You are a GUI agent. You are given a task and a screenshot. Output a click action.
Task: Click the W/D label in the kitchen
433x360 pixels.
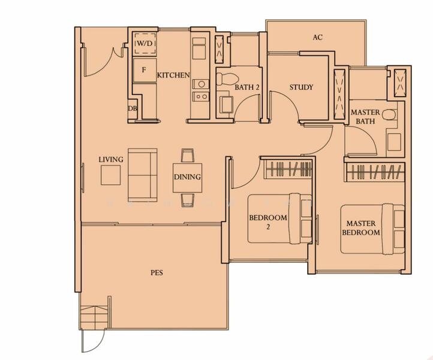143,44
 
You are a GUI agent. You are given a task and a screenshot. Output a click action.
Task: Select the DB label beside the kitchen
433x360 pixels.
132,109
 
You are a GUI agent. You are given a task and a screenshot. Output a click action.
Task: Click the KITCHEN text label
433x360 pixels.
173,76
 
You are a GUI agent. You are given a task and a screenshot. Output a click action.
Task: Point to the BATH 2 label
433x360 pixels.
246,88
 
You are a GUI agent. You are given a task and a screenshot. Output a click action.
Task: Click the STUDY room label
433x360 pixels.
301,88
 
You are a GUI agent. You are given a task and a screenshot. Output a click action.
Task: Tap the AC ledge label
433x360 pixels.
317,37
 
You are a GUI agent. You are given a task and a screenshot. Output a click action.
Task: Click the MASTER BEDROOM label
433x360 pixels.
361,227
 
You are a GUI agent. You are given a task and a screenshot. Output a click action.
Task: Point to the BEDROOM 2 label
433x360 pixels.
267,222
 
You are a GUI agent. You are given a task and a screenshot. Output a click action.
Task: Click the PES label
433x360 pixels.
157,272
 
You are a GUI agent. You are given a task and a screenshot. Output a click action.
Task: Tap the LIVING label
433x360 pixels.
111,160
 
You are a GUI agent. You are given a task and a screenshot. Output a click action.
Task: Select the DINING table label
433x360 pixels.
187,178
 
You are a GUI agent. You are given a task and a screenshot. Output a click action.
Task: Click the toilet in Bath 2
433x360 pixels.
227,79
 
